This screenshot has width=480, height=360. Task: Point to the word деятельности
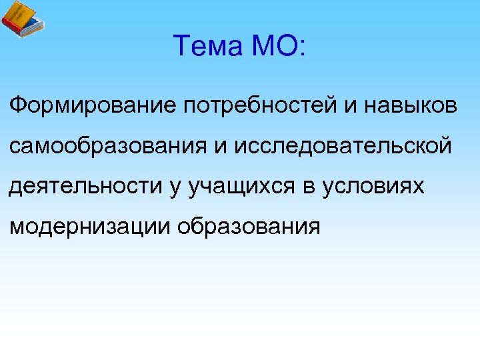click(83, 187)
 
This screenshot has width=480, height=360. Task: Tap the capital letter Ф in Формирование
click(17, 105)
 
